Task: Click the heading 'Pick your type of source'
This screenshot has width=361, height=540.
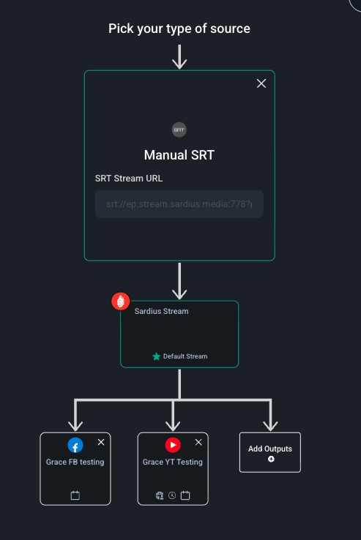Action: tap(179, 29)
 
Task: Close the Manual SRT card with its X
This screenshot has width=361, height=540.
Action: tap(261, 83)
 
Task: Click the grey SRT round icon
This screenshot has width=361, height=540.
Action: tap(179, 130)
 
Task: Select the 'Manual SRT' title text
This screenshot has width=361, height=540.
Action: tap(179, 155)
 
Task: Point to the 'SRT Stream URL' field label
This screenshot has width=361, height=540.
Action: tap(129, 179)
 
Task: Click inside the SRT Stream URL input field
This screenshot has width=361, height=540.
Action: tap(179, 204)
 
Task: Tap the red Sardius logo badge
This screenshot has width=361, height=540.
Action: tap(121, 301)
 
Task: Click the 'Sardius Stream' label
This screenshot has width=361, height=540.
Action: tap(161, 311)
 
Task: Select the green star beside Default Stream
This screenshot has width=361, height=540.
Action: tap(156, 356)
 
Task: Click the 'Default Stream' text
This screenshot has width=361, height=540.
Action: tap(185, 356)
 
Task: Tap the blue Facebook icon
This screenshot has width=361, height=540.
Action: tap(75, 445)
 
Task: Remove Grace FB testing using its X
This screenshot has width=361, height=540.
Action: tap(101, 442)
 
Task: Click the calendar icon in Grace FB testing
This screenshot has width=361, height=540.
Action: tap(75, 495)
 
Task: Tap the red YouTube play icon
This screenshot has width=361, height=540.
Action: tap(173, 445)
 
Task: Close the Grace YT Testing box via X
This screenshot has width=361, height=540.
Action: tap(198, 442)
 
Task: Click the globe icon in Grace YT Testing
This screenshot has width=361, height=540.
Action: tap(160, 495)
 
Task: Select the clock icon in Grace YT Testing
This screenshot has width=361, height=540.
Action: tap(172, 495)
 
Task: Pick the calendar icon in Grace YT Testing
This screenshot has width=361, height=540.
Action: tap(185, 495)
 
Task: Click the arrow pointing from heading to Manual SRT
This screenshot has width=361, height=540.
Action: tap(179, 57)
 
